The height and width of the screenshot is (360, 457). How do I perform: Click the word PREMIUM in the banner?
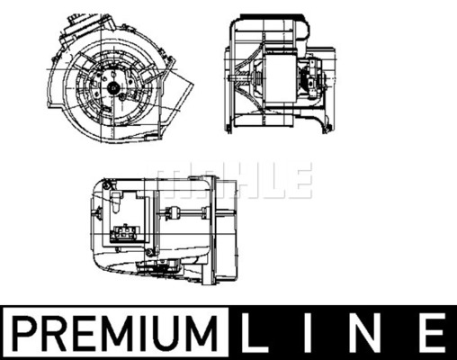pos(116,333)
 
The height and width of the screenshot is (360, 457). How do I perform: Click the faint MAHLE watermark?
pos(230,180)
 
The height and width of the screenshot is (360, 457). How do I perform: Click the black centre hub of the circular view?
pos(114,87)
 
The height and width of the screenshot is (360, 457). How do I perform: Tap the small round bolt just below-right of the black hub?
pos(122,97)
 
